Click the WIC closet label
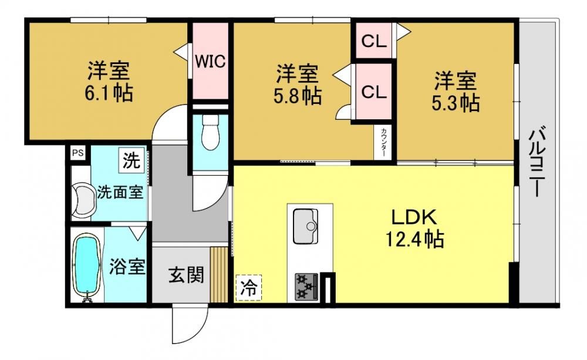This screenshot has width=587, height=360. pos(210,60)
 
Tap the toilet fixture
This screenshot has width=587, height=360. pos(210,132)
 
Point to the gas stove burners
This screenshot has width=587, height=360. pos(306,287)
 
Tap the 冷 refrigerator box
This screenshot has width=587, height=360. pos(248,288)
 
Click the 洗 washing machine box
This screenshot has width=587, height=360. pos(131,160)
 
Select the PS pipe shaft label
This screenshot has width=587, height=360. pos(78,153)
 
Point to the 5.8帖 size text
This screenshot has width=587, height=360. pos(298,96)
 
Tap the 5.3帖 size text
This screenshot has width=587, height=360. pos(456,103)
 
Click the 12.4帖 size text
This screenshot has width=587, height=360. pos(415,238)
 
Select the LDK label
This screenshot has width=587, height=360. pos(414,217)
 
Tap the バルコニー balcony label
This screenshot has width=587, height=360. pos(538,163)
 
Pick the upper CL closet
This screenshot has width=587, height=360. pos(373,41)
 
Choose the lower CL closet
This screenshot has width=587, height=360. pos(373,91)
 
